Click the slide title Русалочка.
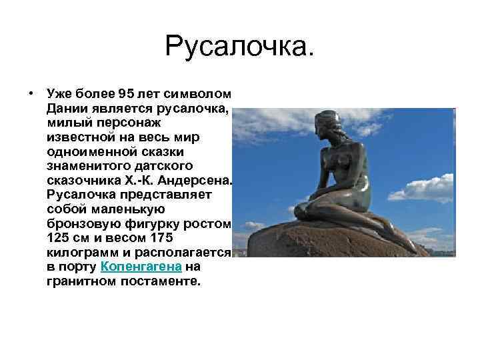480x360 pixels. (239, 46)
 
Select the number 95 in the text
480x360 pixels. (127, 92)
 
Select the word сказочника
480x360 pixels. (79, 180)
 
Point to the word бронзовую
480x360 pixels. (78, 223)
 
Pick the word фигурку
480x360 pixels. (157, 223)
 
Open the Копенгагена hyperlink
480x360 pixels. (141, 267)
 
